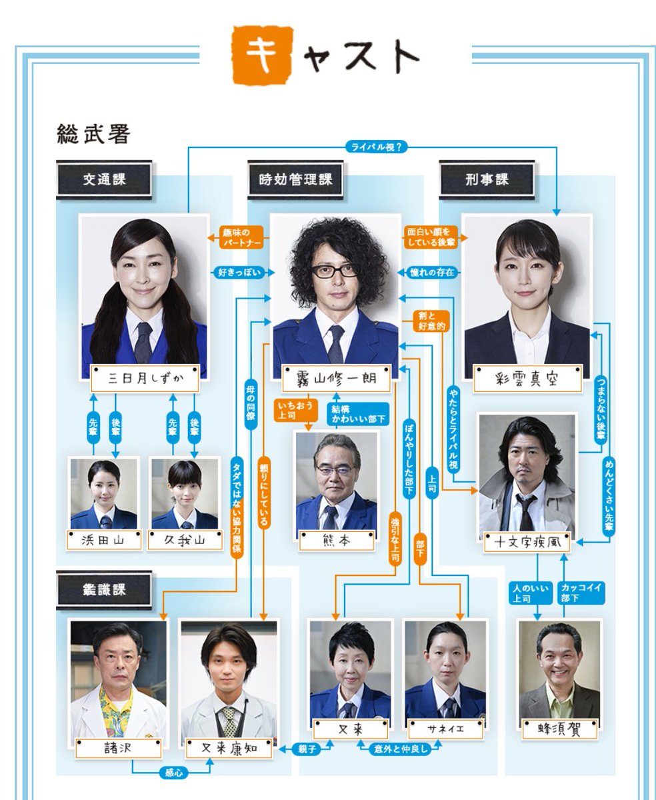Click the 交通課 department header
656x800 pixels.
point(104,179)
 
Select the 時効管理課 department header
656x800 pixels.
point(295,179)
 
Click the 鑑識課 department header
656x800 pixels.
point(104,589)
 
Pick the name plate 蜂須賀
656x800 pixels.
point(559,729)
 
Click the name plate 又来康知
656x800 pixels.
point(228,748)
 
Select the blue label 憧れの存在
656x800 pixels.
point(433,272)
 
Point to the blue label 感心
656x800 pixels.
point(173,773)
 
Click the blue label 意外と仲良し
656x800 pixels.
point(398,749)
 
